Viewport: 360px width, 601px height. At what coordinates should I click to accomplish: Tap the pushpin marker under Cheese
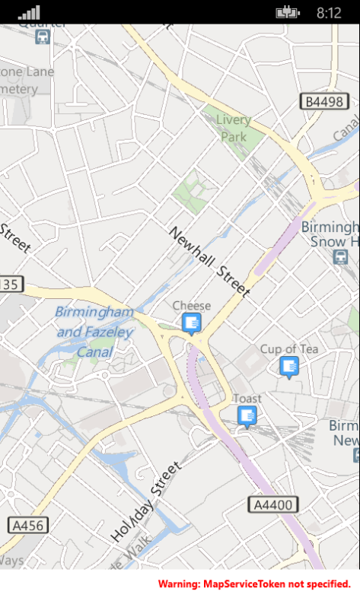(191, 324)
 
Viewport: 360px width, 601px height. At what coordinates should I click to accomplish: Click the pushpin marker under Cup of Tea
(288, 367)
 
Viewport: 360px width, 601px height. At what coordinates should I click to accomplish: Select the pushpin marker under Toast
(247, 415)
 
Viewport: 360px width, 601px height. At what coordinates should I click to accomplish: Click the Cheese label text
(191, 306)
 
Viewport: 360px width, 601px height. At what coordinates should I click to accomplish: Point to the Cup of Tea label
(289, 349)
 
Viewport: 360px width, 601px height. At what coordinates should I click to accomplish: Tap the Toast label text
(247, 399)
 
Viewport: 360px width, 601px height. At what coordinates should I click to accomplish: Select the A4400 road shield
(273, 504)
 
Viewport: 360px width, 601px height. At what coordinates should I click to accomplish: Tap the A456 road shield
(27, 525)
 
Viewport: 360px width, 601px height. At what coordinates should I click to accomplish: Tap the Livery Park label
(234, 128)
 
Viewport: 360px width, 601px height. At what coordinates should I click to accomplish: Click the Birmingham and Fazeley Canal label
(95, 332)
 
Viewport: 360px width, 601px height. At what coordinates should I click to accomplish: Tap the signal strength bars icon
(29, 12)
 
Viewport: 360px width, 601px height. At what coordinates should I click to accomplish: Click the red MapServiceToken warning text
(254, 584)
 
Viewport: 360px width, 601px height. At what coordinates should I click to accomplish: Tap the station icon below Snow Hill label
(340, 257)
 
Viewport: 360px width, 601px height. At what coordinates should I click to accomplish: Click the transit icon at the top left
(43, 36)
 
